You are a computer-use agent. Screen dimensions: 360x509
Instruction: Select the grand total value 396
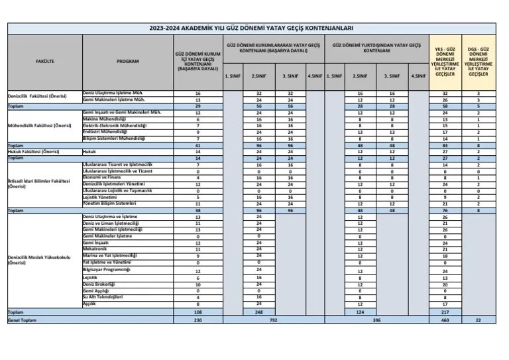(376, 320)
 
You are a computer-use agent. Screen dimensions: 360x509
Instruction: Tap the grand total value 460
(445, 320)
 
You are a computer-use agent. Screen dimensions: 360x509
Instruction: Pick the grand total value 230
(198, 320)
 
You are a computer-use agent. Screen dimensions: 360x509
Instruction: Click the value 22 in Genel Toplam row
(478, 320)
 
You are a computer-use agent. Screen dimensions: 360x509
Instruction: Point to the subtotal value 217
(445, 312)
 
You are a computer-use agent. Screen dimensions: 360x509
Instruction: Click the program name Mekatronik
(97, 249)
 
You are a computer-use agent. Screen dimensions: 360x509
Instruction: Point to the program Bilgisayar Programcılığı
(107, 270)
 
